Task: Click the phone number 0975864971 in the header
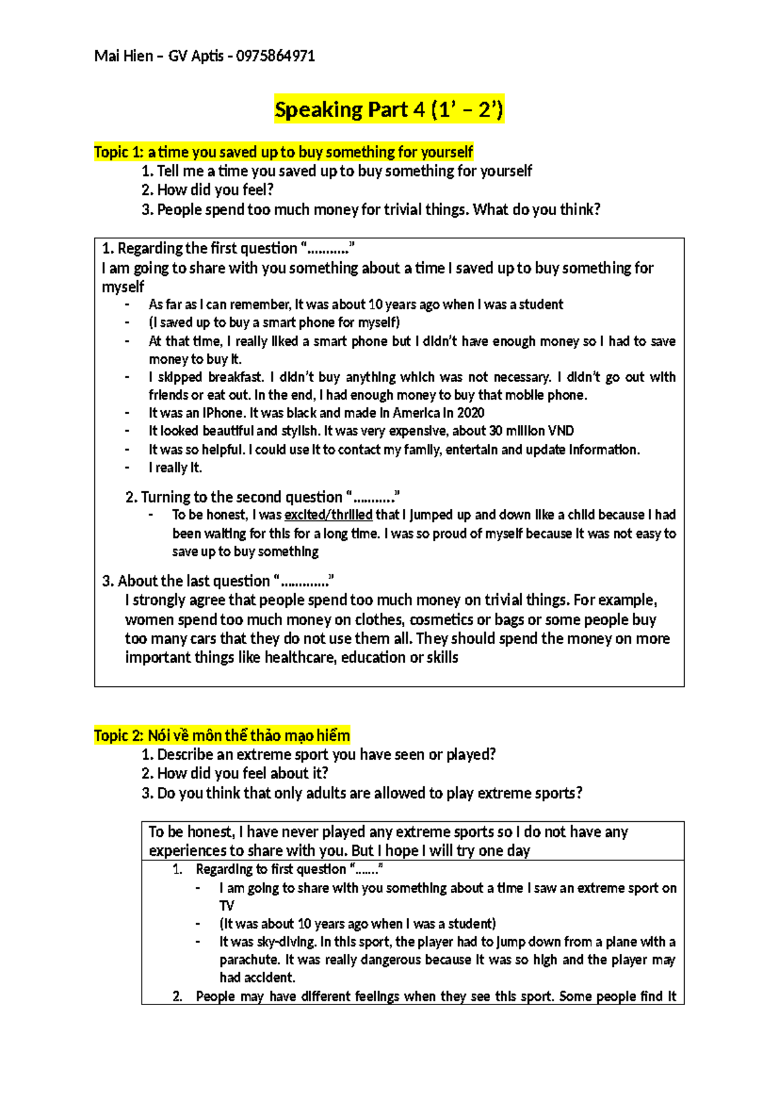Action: pyautogui.click(x=275, y=56)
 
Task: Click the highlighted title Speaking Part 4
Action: pyautogui.click(x=388, y=109)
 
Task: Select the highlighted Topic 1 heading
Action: pyautogui.click(x=283, y=152)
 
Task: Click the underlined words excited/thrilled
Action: pyautogui.click(x=328, y=515)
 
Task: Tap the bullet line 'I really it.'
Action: pyautogui.click(x=175, y=467)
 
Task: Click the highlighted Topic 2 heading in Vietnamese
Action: pyautogui.click(x=222, y=736)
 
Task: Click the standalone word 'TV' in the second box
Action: pyautogui.click(x=227, y=906)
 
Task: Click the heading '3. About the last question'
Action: pyautogui.click(x=217, y=581)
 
